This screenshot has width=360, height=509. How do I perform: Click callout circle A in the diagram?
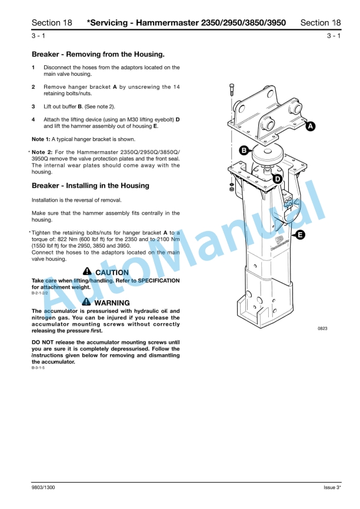click(x=310, y=126)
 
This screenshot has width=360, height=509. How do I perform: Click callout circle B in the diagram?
click(x=242, y=150)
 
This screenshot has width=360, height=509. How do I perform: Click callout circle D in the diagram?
click(x=278, y=179)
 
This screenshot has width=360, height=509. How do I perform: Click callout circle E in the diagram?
click(x=300, y=235)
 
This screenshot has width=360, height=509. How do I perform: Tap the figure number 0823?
click(x=323, y=329)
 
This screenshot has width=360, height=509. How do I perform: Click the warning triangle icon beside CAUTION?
click(x=87, y=272)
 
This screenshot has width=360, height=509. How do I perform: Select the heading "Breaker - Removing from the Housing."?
click(x=98, y=54)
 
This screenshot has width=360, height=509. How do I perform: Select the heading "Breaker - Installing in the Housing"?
click(x=90, y=186)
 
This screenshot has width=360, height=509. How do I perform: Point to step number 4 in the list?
click(x=34, y=119)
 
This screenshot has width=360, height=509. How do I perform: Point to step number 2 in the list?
click(x=34, y=86)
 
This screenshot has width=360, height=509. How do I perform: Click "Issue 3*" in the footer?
click(x=332, y=487)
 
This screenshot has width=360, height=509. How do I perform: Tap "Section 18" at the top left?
click(x=52, y=23)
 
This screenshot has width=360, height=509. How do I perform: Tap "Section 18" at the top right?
click(x=320, y=23)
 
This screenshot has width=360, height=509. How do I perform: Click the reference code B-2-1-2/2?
click(x=42, y=292)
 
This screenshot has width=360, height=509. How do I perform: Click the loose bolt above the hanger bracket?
click(x=232, y=92)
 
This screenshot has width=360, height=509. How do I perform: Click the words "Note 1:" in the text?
click(x=41, y=139)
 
